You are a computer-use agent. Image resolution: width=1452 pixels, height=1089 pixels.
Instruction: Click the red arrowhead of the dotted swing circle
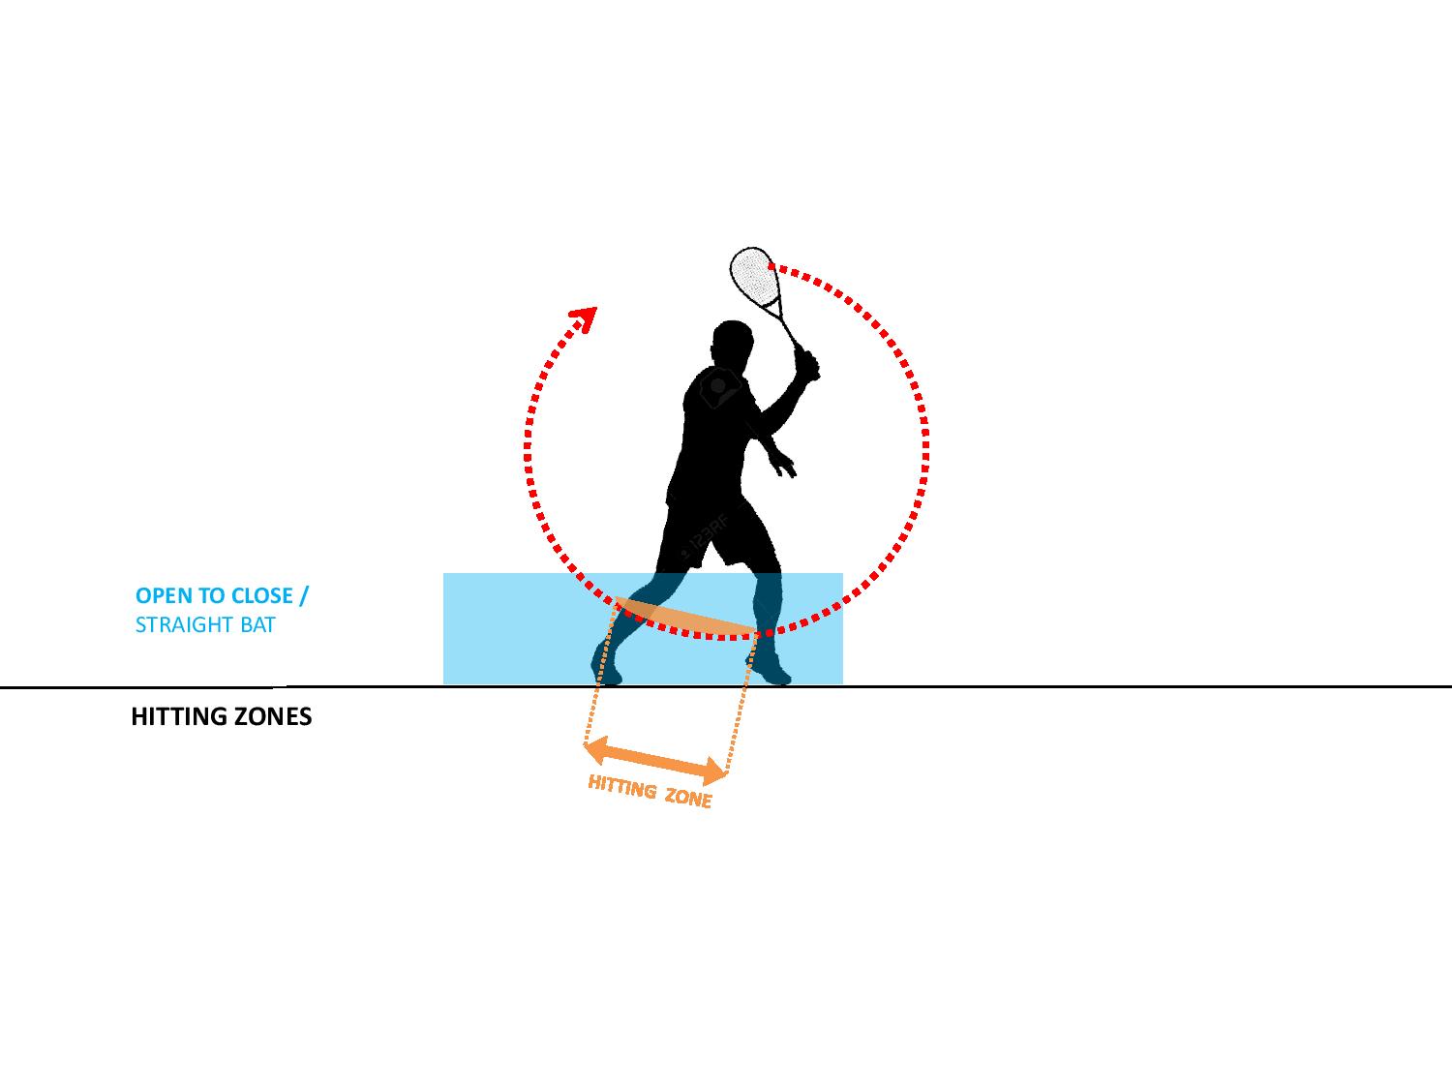[x=585, y=318]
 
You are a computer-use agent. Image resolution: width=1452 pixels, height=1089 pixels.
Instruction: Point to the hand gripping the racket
[x=807, y=365]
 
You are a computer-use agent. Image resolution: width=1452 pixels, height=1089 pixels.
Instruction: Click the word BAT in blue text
[x=258, y=624]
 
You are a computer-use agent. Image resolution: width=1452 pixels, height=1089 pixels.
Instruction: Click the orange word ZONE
[x=688, y=798]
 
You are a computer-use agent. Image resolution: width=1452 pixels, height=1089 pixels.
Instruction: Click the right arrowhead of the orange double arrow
[x=715, y=771]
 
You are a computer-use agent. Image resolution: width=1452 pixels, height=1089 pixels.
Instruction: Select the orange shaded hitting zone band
[x=684, y=617]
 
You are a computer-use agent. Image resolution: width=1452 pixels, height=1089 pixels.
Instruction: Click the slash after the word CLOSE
[x=304, y=595]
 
